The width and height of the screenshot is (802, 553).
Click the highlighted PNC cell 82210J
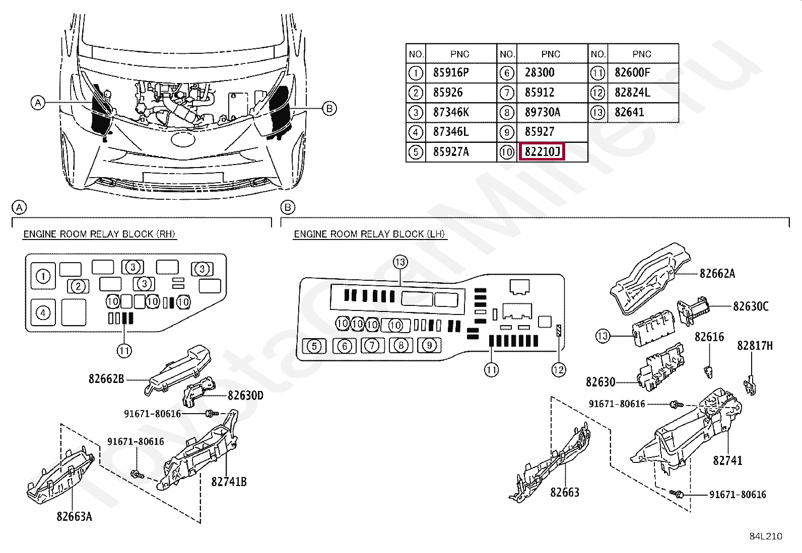tap(542, 151)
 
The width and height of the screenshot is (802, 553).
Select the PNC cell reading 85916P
tap(451, 72)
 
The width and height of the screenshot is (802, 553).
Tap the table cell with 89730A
tap(542, 112)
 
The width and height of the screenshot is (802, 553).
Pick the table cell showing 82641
tap(629, 112)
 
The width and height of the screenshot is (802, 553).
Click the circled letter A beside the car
tap(37, 103)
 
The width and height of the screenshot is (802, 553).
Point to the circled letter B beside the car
tap(328, 108)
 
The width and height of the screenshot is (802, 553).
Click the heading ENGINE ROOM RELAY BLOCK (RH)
tap(100, 234)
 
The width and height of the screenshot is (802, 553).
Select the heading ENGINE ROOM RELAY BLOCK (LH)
tap(370, 234)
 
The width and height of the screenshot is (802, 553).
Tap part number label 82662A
tap(717, 273)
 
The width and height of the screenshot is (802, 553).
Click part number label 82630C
tap(751, 306)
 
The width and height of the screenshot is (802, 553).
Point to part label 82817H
tap(755, 345)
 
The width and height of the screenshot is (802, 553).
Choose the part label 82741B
tap(229, 482)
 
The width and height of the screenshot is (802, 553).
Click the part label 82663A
tap(74, 516)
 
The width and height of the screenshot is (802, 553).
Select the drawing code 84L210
tap(765, 536)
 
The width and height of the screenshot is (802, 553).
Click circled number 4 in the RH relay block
tap(43, 313)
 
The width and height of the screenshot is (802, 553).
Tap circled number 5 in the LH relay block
tap(314, 346)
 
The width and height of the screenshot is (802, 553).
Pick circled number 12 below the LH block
tap(559, 370)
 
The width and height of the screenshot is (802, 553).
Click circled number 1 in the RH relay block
tap(43, 276)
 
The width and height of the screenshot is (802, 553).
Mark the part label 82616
tap(709, 337)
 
